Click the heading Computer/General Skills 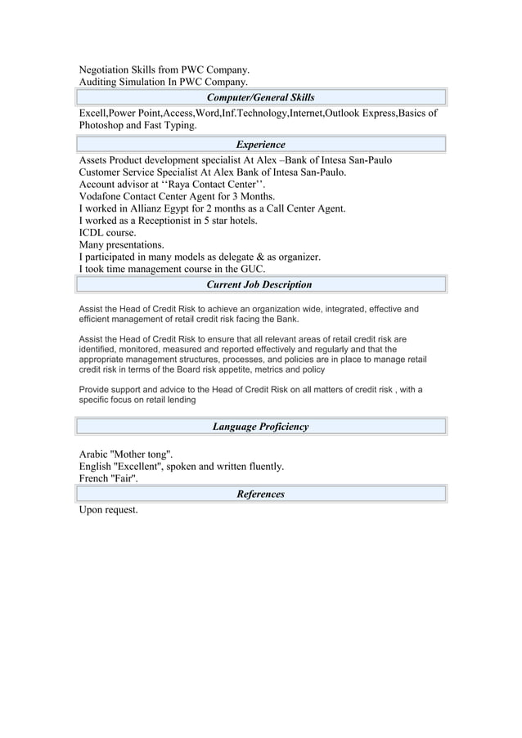(260, 98)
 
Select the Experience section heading (260, 145)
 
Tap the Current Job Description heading (260, 284)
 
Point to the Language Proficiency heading (260, 427)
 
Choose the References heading (260, 494)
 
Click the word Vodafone (102, 197)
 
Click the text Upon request (108, 510)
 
